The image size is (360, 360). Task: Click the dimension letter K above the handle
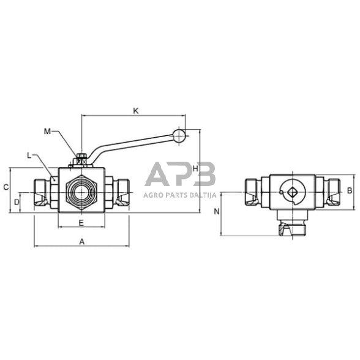(136, 111)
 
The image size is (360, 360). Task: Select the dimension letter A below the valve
(81, 241)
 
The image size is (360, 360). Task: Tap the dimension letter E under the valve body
(81, 222)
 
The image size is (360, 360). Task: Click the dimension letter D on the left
(17, 201)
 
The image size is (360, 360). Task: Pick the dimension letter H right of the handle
(195, 168)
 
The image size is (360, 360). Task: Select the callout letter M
(48, 131)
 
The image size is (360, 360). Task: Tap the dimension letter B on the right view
(349, 190)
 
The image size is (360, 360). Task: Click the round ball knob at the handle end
(178, 136)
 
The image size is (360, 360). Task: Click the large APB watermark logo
(180, 175)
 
